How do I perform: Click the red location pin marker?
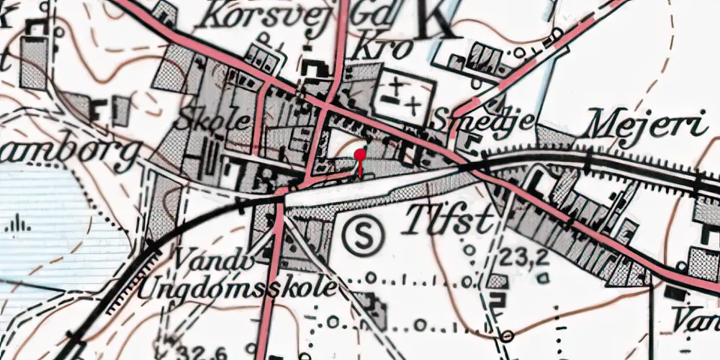pos(360,156)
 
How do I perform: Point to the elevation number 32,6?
pos(188,351)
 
